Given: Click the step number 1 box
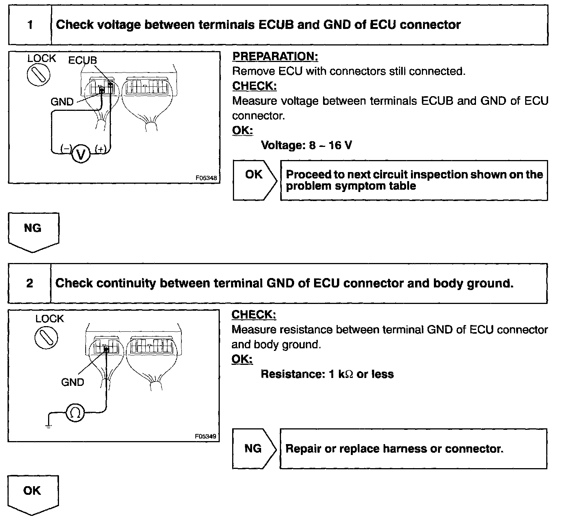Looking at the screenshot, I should [30, 25].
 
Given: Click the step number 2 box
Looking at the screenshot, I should [30, 283].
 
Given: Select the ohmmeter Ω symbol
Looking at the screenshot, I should [75, 413].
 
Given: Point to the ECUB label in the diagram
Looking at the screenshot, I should [83, 60].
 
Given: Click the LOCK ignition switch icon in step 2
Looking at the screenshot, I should [46, 336].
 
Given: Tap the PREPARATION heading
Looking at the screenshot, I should [275, 56].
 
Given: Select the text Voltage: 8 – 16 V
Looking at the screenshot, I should [306, 145].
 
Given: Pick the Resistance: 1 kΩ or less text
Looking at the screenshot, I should [327, 374].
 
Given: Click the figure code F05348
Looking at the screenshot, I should [206, 178].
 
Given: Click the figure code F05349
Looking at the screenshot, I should [206, 437].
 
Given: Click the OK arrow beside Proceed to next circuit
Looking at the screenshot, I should [254, 180].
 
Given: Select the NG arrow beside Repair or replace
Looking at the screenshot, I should [254, 449].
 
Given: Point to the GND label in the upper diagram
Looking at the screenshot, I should [62, 102].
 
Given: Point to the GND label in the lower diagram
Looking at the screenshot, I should [73, 382].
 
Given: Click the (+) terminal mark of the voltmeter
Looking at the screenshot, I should [101, 149].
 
